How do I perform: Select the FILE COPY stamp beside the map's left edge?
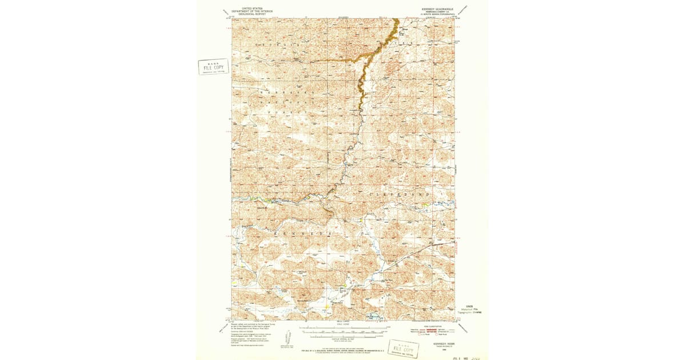pyautogui.click(x=213, y=66)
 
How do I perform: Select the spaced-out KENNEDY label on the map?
pyautogui.click(x=302, y=234)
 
